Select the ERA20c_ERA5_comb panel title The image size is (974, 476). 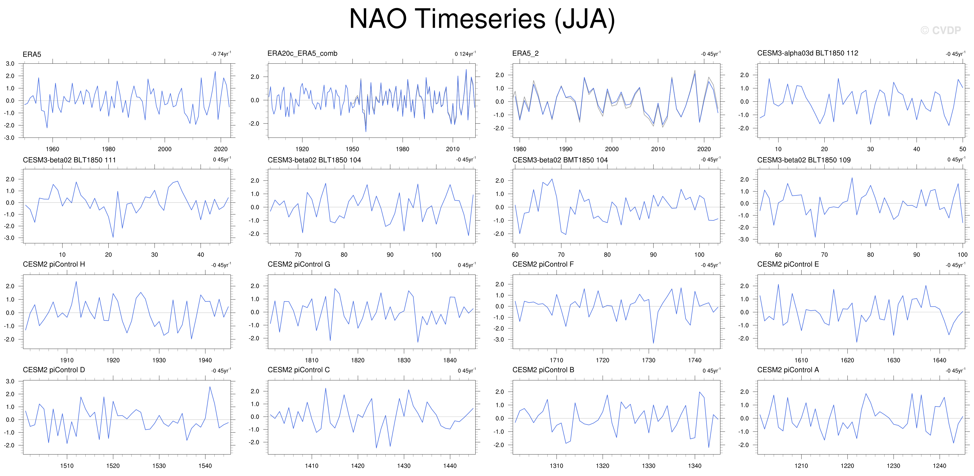click(302, 53)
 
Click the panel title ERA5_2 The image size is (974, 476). click(525, 53)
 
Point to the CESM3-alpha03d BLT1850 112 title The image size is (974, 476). click(808, 53)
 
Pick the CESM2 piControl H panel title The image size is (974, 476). click(54, 264)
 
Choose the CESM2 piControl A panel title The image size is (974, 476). click(788, 370)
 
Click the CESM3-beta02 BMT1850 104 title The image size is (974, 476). click(560, 160)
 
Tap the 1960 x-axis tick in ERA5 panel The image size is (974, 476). click(52, 149)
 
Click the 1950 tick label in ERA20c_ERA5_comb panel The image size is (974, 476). click(353, 149)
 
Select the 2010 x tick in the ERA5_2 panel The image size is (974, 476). click(658, 149)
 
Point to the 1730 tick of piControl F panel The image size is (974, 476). click(648, 360)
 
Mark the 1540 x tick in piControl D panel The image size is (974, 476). click(205, 466)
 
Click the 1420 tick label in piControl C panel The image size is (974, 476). click(358, 466)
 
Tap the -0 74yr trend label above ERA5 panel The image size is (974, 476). click(221, 54)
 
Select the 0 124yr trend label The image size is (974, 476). click(465, 54)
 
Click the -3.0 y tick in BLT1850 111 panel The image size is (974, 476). click(10, 238)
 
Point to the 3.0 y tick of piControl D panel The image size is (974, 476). click(10, 381)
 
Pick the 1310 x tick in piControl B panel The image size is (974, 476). click(556, 466)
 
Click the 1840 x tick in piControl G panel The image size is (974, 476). click(450, 360)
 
